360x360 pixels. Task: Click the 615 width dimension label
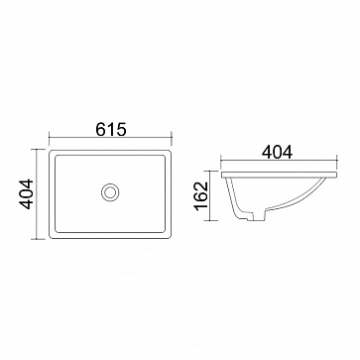pyautogui.click(x=111, y=129)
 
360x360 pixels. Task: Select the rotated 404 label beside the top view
pyautogui.click(x=27, y=194)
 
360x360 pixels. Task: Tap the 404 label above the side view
pyautogui.click(x=277, y=153)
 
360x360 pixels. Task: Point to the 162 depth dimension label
pyautogui.click(x=200, y=195)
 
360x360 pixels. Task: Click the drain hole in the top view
pyautogui.click(x=110, y=192)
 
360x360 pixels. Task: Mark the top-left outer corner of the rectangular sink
pyautogui.click(x=50, y=151)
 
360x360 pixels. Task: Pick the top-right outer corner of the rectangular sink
pyautogui.click(x=171, y=151)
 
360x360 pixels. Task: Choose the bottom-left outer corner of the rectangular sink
pyautogui.click(x=50, y=238)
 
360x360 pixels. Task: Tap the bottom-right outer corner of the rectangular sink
pyautogui.click(x=171, y=238)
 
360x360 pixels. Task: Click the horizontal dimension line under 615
pyautogui.click(x=110, y=137)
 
